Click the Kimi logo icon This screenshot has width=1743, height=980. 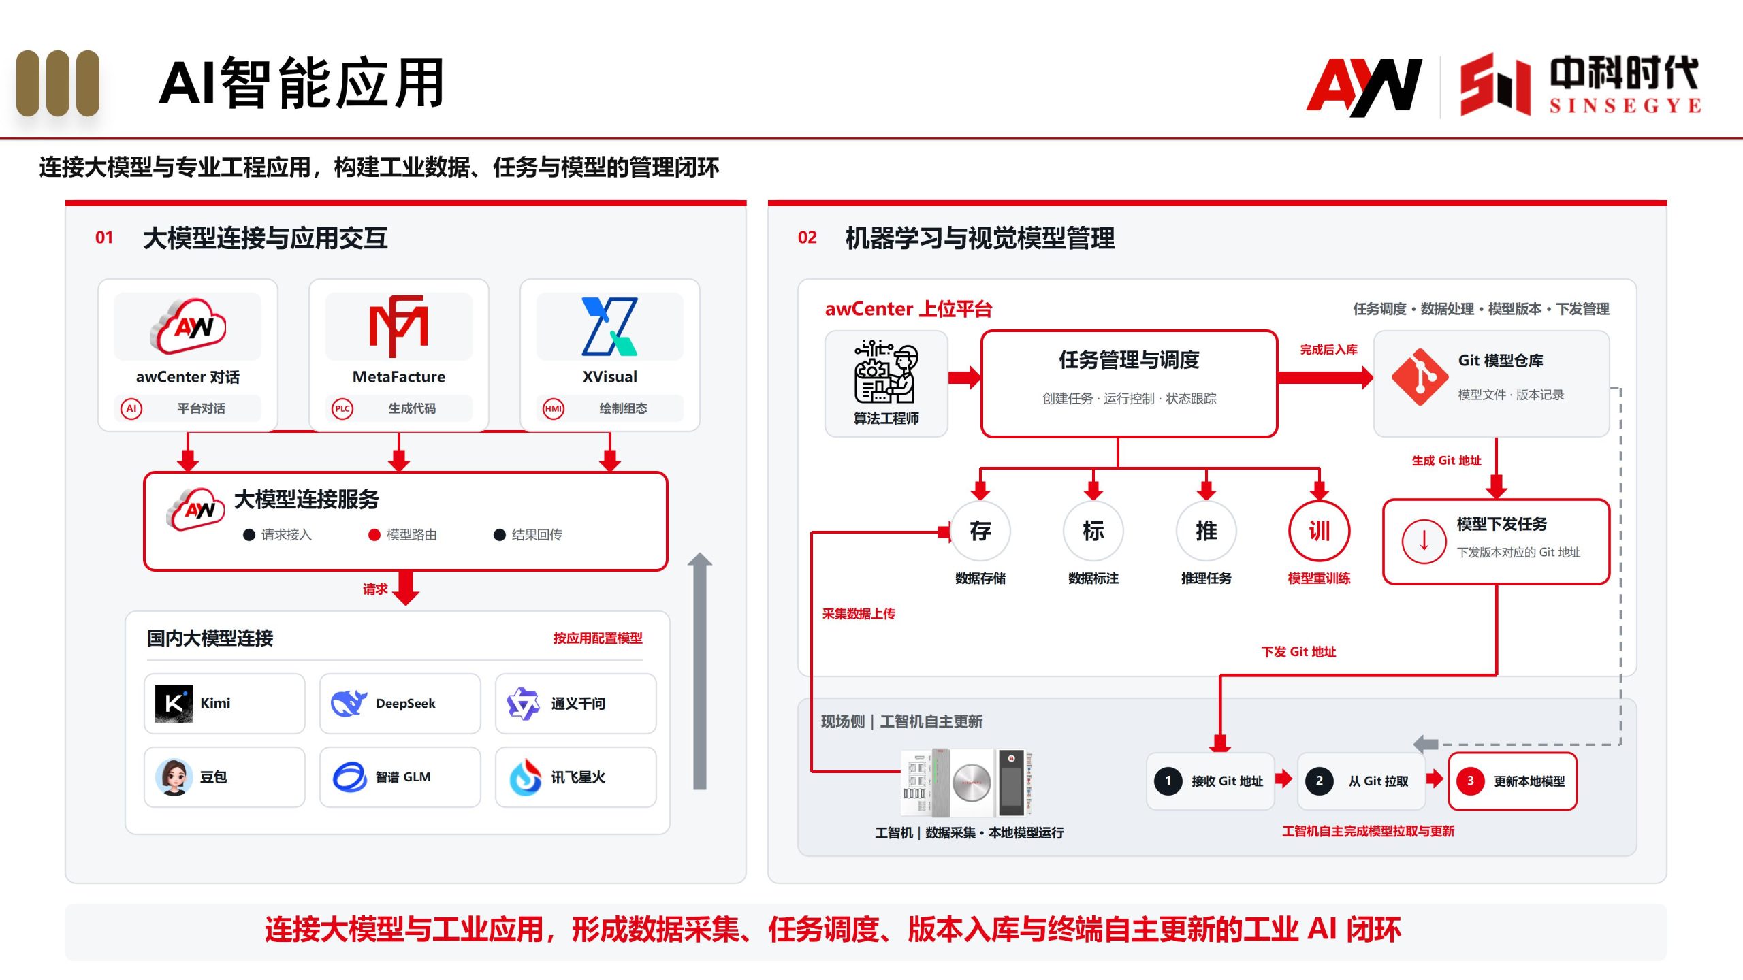point(174,703)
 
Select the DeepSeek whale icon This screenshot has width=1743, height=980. point(349,703)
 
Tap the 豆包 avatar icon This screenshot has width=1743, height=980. point(174,777)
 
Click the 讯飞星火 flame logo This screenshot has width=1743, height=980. point(526,777)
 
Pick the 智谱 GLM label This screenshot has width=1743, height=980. point(403,777)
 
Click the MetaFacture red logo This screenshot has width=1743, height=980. point(398,326)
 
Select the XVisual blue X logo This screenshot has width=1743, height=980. point(609,326)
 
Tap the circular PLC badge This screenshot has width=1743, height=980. point(342,408)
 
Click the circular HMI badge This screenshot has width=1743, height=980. point(554,408)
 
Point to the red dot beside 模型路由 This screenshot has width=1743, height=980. point(374,535)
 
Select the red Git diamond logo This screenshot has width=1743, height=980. point(1420,376)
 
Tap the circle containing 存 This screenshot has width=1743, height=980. point(980,531)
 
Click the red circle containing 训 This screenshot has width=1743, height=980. point(1319,531)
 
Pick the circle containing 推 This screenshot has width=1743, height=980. point(1206,531)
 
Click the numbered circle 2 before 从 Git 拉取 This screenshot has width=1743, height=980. point(1320,781)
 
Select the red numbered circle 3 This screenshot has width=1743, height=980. point(1471,781)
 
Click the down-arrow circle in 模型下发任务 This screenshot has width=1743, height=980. point(1424,541)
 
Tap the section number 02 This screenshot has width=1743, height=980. point(807,238)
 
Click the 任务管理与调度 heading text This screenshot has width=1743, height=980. point(1129,359)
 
